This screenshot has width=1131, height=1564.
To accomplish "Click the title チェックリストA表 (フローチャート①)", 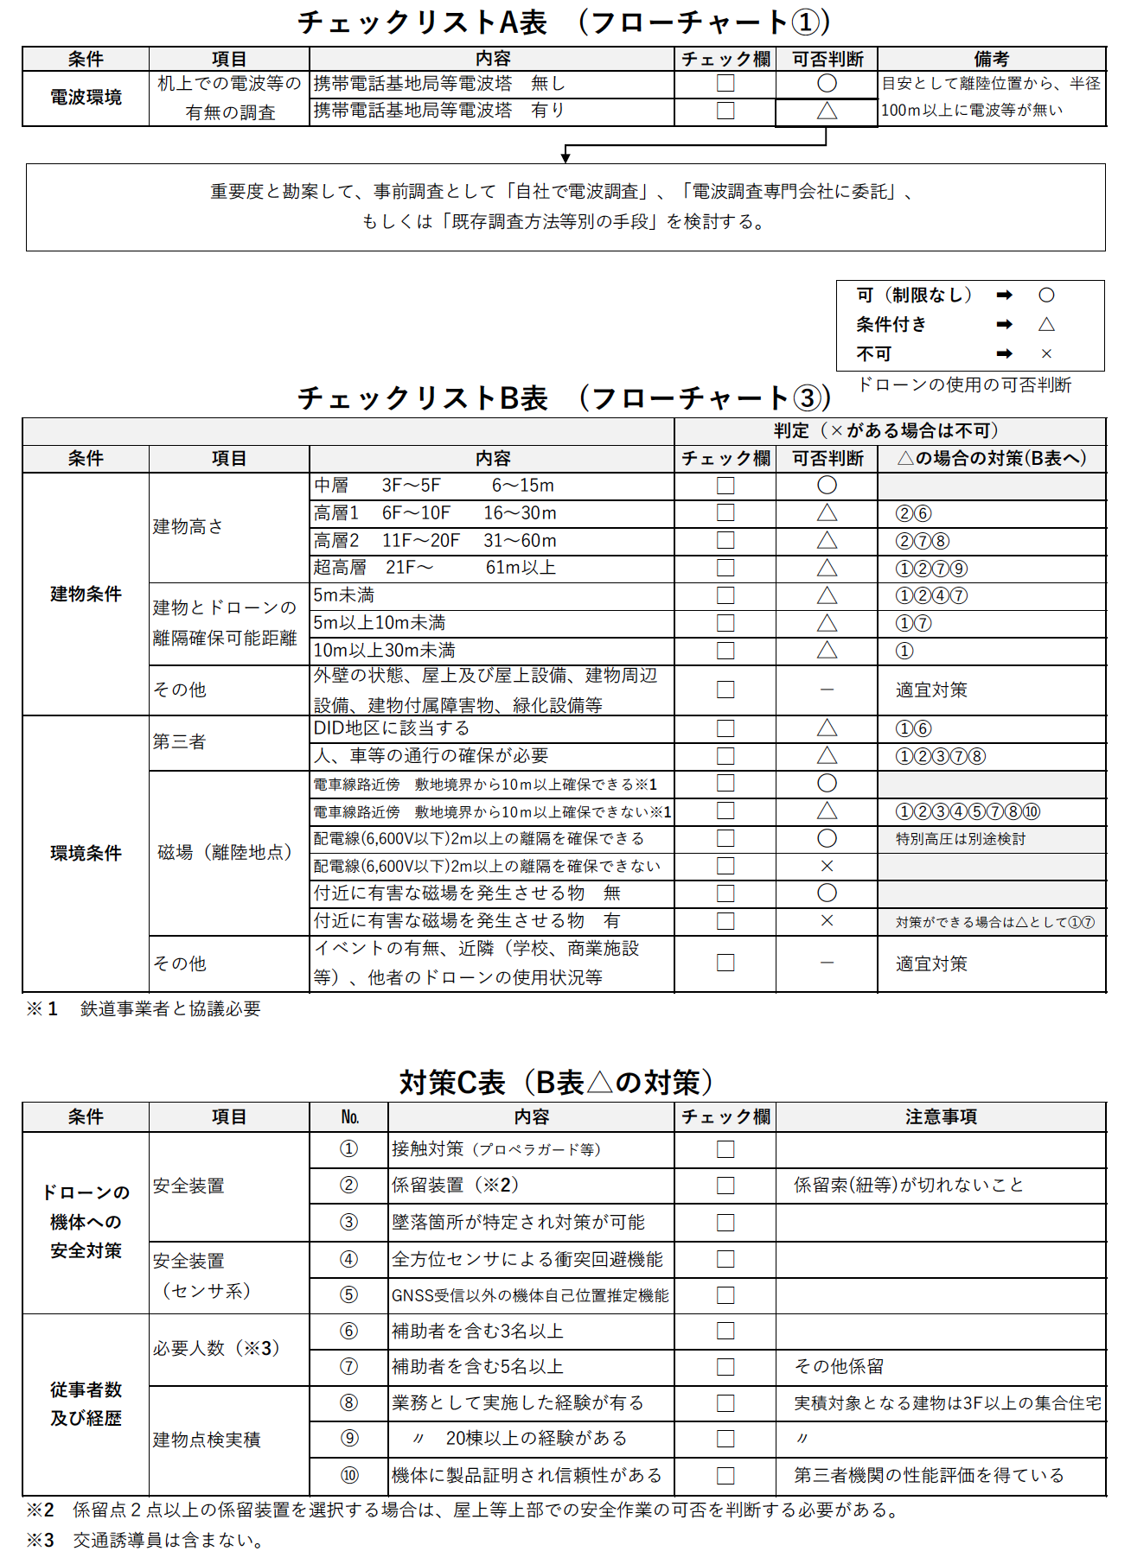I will tap(564, 22).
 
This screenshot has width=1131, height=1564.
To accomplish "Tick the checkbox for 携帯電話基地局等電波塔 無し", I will tap(725, 84).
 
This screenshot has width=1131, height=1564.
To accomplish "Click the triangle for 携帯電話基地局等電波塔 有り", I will tap(827, 111).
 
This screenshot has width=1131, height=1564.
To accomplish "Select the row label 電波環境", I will tap(86, 98).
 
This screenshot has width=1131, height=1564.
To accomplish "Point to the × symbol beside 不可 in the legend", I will tap(1046, 353).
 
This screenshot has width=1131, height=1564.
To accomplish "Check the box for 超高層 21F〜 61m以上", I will tap(725, 568).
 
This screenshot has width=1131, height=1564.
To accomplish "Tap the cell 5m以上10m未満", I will tap(380, 623).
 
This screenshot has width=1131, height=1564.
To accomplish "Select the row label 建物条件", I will tap(86, 594).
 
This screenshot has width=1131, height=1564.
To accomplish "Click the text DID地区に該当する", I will tap(392, 728).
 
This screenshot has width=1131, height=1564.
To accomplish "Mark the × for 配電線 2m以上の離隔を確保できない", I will tap(827, 866).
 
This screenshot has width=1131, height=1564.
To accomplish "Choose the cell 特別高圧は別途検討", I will tap(961, 838).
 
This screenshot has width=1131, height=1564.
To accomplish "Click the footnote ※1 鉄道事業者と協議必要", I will tap(144, 1008).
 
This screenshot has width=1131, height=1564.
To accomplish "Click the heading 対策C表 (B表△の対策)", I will tap(558, 1082).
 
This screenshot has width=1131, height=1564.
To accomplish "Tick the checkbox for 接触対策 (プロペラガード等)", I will tap(725, 1149).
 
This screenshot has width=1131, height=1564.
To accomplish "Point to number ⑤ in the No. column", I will tap(348, 1294).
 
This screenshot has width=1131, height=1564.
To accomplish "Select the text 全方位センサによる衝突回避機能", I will tap(527, 1259).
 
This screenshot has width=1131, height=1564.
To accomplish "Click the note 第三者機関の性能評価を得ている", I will tap(929, 1475).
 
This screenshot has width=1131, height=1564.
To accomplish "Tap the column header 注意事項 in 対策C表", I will tap(941, 1116).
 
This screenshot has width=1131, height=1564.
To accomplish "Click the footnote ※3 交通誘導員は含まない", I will tap(145, 1540).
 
